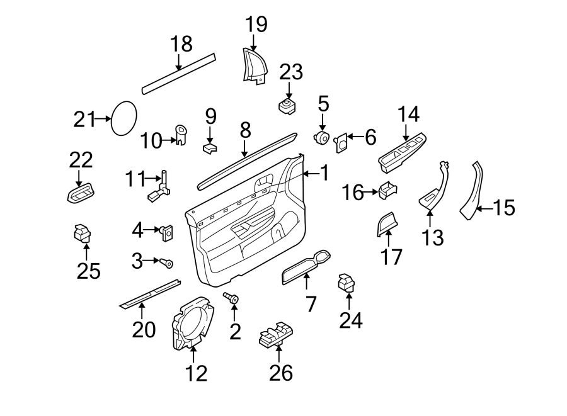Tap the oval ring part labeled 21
click(123, 118)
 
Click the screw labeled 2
click(232, 298)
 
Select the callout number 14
click(408, 115)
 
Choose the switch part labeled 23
click(288, 104)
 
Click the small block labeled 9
click(210, 148)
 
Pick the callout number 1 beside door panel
click(324, 173)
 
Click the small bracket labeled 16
click(386, 189)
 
